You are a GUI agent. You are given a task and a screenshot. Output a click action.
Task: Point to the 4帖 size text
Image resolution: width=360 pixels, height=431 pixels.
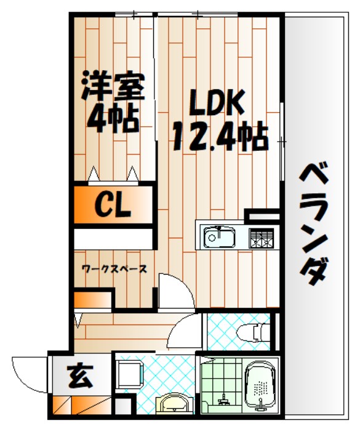(x=111, y=118)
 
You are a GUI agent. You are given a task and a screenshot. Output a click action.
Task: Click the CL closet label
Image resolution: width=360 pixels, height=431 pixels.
(x=112, y=206)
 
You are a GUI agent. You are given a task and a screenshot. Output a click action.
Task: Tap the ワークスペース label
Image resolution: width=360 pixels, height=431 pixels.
(x=114, y=269)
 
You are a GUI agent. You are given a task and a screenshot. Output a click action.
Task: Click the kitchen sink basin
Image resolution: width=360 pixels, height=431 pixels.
(x=218, y=236)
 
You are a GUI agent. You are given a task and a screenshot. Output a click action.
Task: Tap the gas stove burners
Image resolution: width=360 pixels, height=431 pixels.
(x=261, y=237)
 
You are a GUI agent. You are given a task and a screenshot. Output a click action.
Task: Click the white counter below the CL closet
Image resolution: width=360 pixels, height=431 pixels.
(x=112, y=237)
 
